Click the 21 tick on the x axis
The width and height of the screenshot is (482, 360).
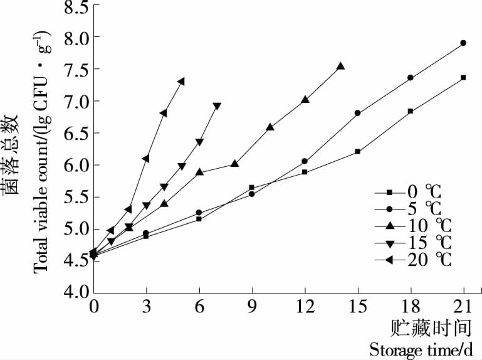463,308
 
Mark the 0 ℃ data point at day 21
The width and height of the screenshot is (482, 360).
463,78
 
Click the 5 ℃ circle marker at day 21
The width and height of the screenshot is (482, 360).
463,43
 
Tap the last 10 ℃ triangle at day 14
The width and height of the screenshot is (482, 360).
340,66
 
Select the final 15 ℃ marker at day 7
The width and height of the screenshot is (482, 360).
217,107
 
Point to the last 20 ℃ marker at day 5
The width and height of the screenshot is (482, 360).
181,82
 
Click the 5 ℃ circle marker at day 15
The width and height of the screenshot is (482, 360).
357,114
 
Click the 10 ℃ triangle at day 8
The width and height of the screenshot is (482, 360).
234,164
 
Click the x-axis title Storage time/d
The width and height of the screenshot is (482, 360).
416,349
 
